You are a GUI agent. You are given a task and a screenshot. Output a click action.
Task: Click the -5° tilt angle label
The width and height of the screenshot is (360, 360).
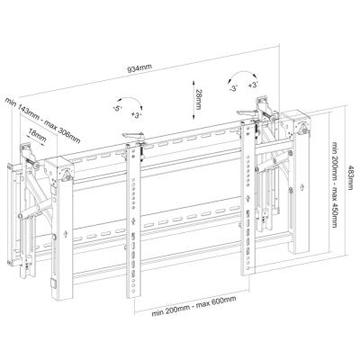click(119, 108)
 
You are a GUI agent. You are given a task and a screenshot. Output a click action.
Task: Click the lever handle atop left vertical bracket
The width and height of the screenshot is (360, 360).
click(131, 135)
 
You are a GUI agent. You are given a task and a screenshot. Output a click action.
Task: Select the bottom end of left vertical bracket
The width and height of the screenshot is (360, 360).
click(136, 294)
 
